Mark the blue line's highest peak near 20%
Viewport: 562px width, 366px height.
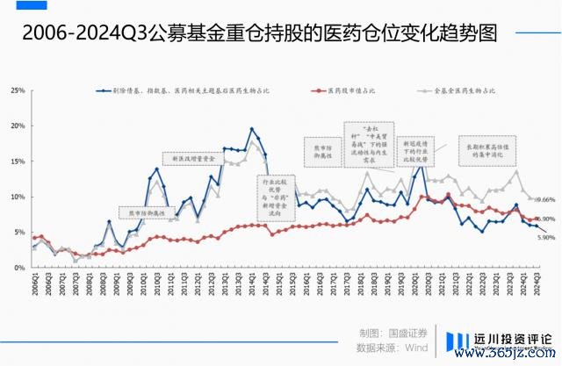(x=252, y=129)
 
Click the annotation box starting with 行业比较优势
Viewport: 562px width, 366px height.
(x=274, y=197)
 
